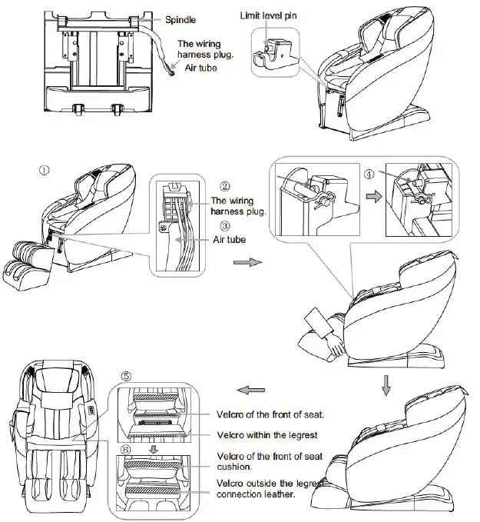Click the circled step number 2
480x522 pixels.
(x=224, y=187)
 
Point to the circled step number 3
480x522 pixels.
(x=224, y=225)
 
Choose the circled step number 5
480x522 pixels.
(x=127, y=377)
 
